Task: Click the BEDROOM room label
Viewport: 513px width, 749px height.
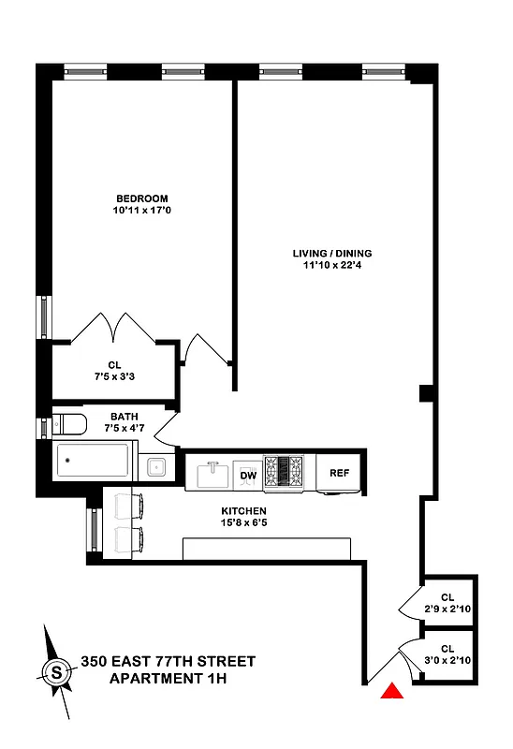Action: pos(141,198)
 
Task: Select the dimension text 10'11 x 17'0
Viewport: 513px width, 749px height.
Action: pos(141,211)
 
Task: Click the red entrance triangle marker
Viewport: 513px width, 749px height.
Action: pos(392,692)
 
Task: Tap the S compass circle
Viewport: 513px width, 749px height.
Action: pos(56,671)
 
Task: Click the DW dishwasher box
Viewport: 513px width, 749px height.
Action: pos(248,475)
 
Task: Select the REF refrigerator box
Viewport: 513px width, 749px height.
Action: pos(339,473)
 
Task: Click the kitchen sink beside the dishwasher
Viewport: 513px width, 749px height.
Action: pos(212,473)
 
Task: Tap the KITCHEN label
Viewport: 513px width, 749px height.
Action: pos(243,510)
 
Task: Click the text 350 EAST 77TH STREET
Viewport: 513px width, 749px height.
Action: pos(168,661)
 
